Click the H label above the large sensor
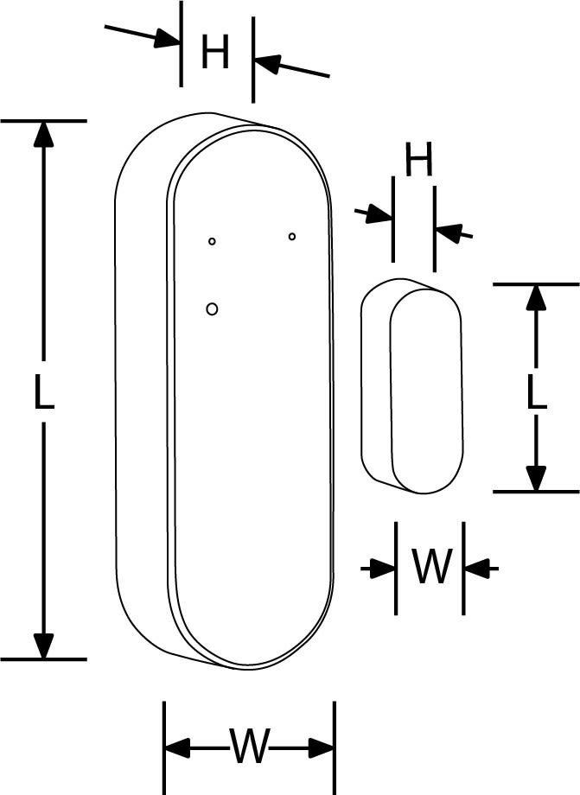coord(215,54)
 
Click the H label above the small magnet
coord(418,162)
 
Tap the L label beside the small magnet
coord(537,391)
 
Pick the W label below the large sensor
coord(250,746)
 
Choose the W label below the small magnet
coord(430,568)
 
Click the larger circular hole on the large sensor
coord(213,308)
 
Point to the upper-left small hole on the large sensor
coord(212,241)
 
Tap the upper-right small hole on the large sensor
coord(292,236)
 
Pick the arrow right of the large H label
coord(267,63)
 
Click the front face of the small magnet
coord(424,389)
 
